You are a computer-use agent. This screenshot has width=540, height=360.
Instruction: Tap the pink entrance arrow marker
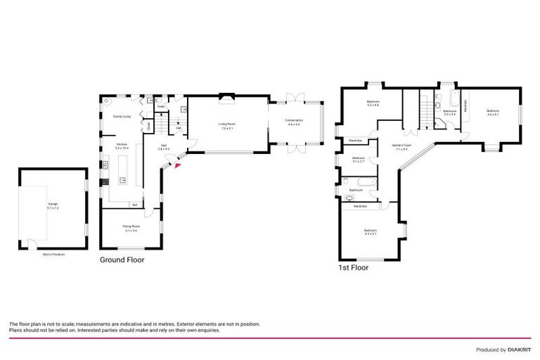(x=176, y=166)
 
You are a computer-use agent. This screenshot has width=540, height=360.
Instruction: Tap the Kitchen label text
(x=122, y=146)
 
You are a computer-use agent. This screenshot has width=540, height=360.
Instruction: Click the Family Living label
(x=122, y=116)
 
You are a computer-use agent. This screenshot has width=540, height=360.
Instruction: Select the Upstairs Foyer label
(x=402, y=147)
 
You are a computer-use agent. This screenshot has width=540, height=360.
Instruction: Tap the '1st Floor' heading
(x=353, y=267)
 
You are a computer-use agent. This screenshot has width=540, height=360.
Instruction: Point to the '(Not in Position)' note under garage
(x=53, y=254)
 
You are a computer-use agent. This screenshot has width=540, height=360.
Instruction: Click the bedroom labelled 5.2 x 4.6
(x=373, y=104)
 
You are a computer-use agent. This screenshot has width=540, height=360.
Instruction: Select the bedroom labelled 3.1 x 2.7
(x=359, y=160)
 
